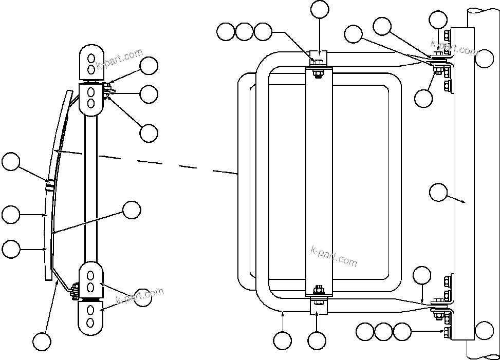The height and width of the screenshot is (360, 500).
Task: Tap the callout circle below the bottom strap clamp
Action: pyautogui.click(x=317, y=340)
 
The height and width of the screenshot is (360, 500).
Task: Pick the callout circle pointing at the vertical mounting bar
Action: pyautogui.click(x=437, y=193)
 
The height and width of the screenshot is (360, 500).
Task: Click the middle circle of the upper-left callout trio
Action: pyautogui.click(x=244, y=32)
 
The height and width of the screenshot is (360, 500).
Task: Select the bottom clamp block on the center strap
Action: pyautogui.click(x=319, y=306)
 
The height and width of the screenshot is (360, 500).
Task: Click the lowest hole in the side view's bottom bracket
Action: pyautogui.click(x=90, y=322)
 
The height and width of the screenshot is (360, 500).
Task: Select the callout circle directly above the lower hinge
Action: pyautogui.click(x=422, y=276)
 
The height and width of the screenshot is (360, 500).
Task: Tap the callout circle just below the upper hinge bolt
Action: pyautogui.click(x=423, y=99)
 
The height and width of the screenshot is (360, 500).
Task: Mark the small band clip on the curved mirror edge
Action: pyautogui.click(x=49, y=185)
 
